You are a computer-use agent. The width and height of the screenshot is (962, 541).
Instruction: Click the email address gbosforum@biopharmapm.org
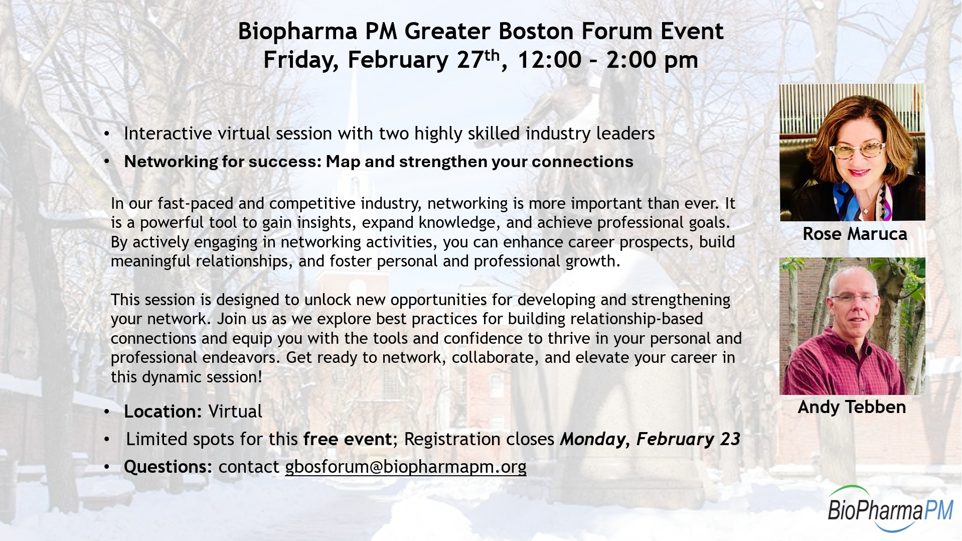(x=406, y=467)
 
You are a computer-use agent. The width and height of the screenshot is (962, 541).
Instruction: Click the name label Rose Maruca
(x=855, y=234)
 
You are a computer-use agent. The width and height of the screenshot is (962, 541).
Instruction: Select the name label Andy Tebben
(x=852, y=407)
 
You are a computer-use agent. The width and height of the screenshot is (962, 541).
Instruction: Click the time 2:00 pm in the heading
(x=652, y=60)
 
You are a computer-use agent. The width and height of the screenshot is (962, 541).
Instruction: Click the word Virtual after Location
(x=235, y=412)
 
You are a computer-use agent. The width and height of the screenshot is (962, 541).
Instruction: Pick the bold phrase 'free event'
(x=347, y=439)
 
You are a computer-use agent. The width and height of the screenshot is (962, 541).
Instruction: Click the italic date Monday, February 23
(x=650, y=439)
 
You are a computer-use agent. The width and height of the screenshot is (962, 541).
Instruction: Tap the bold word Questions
(x=166, y=467)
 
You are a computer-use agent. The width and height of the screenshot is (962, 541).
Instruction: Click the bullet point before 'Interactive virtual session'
(x=106, y=134)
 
